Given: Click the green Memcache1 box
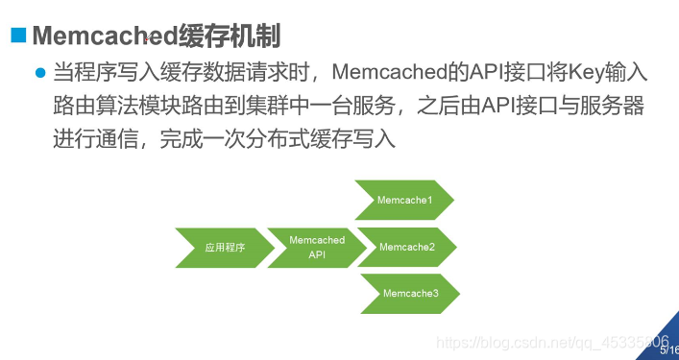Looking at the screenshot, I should click(x=404, y=200).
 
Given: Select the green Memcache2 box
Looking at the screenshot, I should click(x=407, y=247).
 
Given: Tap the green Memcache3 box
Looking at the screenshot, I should click(x=410, y=293).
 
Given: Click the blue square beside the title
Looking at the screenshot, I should click(x=17, y=36).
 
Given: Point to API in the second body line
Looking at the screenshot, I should click(x=510, y=105).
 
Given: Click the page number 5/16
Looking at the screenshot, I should click(x=668, y=351).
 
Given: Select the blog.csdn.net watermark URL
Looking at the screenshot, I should click(x=551, y=342).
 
